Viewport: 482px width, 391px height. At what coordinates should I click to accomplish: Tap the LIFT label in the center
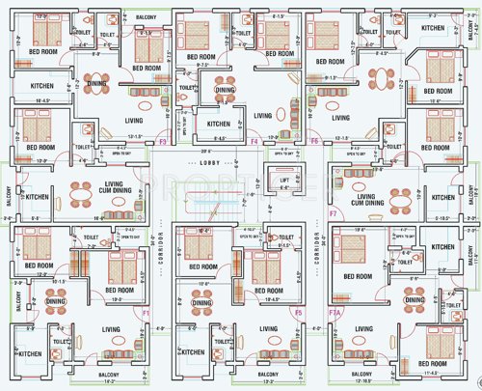click(x=284, y=181)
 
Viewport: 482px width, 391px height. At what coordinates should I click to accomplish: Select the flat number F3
click(x=163, y=141)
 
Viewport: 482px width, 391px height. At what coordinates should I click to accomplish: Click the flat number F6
click(x=315, y=141)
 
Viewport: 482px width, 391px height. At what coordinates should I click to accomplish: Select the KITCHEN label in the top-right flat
click(x=433, y=29)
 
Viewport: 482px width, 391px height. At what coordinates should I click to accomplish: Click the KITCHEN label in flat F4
click(x=219, y=124)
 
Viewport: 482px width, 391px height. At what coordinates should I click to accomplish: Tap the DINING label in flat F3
click(x=97, y=84)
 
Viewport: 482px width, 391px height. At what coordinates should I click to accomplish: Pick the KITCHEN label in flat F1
click(x=30, y=354)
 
